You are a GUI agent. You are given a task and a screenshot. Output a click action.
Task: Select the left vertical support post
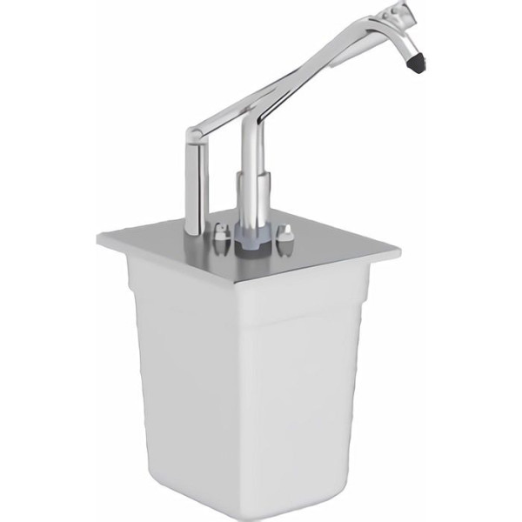tap(195, 183)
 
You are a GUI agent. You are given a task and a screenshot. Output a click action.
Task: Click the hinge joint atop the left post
tap(197, 136)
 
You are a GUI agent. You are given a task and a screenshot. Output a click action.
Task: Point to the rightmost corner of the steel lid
tap(399, 251)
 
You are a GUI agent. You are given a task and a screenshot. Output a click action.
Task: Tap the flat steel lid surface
tap(322, 244)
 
